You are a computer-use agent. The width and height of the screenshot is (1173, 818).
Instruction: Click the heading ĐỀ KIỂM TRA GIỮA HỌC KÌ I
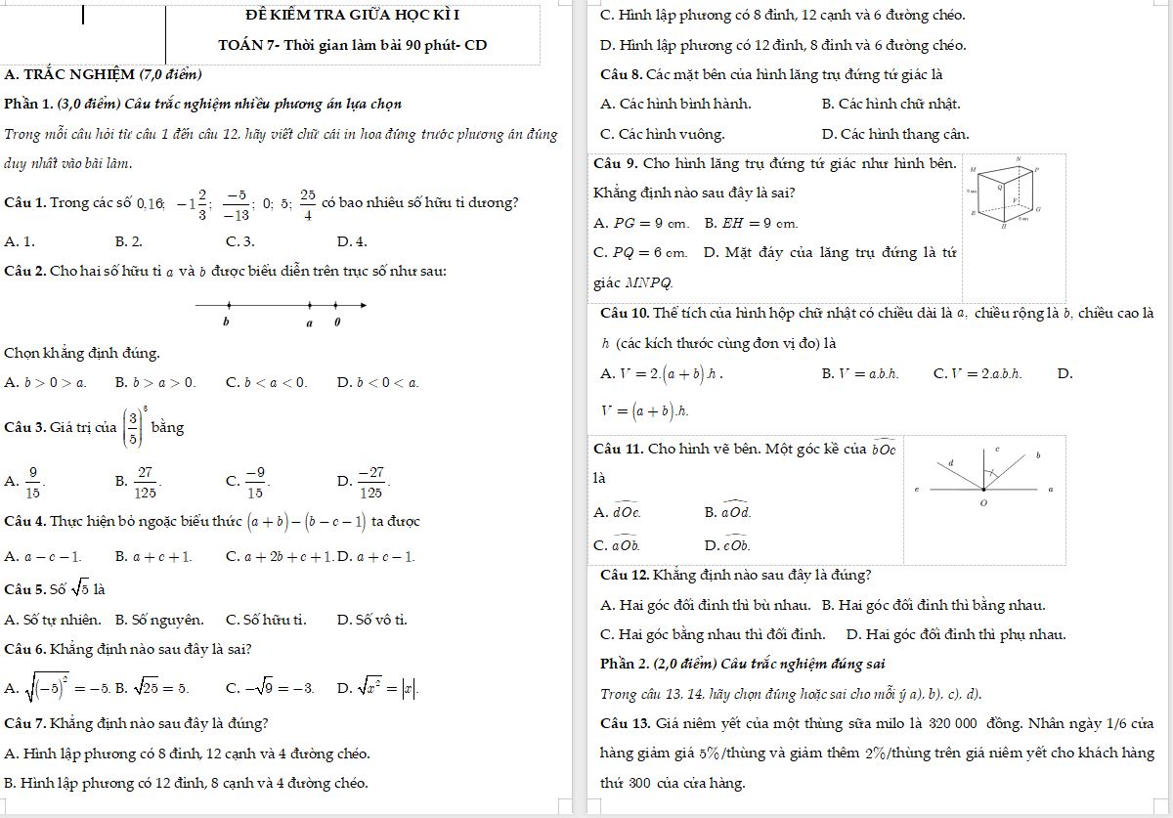[x=353, y=16]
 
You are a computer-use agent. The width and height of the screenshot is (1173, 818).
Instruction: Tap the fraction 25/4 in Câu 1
[x=307, y=203]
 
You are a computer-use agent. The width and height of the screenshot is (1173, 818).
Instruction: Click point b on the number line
[x=229, y=306]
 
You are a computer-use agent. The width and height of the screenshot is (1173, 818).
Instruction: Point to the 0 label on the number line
[x=336, y=321]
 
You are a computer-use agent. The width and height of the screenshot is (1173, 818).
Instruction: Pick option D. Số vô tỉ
[x=372, y=620]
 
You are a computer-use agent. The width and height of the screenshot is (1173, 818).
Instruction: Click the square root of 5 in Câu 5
[x=80, y=589]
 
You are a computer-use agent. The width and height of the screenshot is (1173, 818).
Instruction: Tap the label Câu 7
[x=26, y=724]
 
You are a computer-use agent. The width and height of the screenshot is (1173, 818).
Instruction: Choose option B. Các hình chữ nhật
[x=878, y=104]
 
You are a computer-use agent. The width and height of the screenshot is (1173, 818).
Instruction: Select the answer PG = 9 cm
[x=652, y=224]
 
